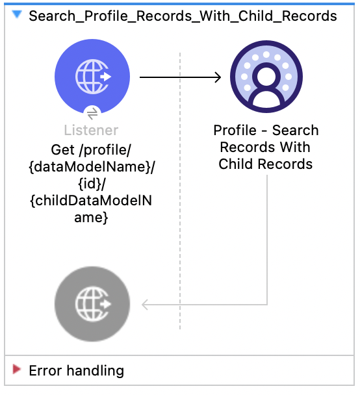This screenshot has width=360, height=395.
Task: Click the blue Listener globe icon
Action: (92, 77)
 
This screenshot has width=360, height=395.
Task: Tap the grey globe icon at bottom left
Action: (92, 303)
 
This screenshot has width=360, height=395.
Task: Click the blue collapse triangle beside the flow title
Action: (17, 14)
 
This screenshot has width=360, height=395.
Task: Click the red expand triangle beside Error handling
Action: (17, 370)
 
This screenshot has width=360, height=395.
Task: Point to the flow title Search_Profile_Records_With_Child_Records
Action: (183, 16)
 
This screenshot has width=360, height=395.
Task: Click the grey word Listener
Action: (92, 131)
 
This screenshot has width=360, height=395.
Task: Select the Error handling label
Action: (76, 371)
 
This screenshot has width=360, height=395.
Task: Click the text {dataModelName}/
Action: (92, 166)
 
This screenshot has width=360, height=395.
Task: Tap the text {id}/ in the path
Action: (92, 183)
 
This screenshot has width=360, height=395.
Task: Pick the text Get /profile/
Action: (92, 149)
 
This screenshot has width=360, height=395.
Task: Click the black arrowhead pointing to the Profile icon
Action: (216, 77)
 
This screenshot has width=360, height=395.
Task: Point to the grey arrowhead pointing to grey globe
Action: (146, 303)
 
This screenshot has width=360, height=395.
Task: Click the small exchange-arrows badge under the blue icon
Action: (92, 112)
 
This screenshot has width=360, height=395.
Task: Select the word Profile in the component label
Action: (235, 130)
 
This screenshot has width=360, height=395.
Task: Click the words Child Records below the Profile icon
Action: (265, 164)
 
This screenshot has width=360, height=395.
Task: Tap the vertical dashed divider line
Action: (180, 195)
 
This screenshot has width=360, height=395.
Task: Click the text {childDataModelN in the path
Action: (92, 201)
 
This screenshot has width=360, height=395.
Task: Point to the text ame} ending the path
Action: (92, 218)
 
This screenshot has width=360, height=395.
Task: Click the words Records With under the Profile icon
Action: (265, 147)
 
